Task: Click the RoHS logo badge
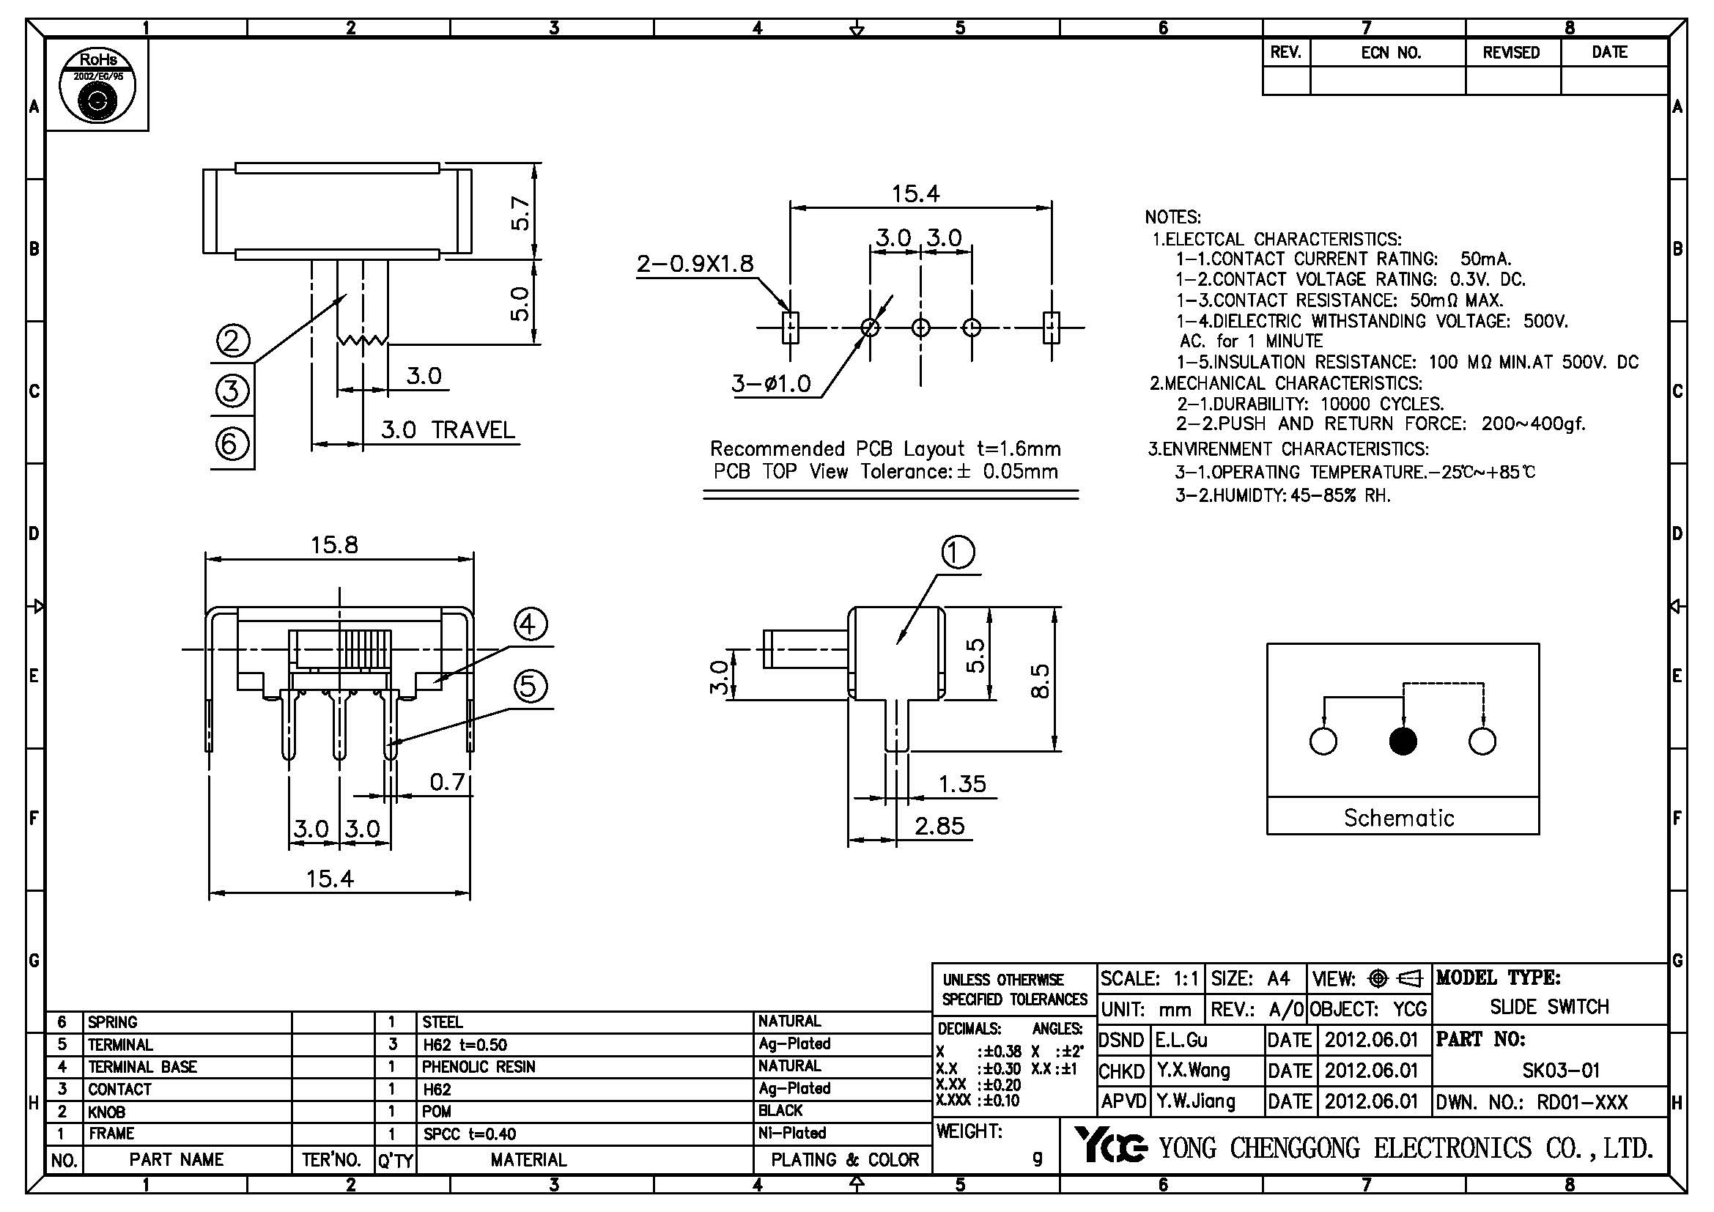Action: point(97,86)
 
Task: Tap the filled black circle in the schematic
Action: point(1403,741)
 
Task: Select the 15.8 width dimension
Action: point(334,544)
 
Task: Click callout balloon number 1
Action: point(958,553)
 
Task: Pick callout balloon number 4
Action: point(529,624)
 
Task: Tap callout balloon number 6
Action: point(232,444)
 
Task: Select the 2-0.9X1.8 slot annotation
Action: point(695,264)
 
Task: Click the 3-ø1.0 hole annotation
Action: point(771,383)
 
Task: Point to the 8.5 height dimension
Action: point(1040,681)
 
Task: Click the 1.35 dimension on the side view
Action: point(962,783)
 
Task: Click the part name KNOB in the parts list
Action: point(107,1112)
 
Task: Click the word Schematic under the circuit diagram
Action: point(1399,818)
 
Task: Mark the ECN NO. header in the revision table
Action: point(1390,52)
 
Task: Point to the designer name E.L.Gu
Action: point(1182,1040)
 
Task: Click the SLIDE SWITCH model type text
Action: point(1549,1007)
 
